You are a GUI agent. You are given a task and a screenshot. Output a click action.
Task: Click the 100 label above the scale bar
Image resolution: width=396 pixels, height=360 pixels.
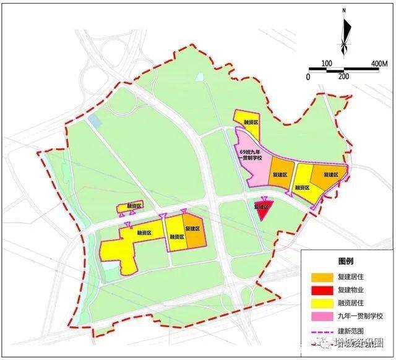[327, 62]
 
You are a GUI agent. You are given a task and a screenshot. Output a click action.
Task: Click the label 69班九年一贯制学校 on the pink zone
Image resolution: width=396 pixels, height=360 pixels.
[251, 155]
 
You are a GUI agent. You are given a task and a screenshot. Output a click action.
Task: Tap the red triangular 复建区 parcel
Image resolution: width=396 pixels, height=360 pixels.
[263, 209]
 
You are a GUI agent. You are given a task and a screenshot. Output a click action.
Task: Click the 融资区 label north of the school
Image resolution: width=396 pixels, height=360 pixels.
[250, 123]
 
